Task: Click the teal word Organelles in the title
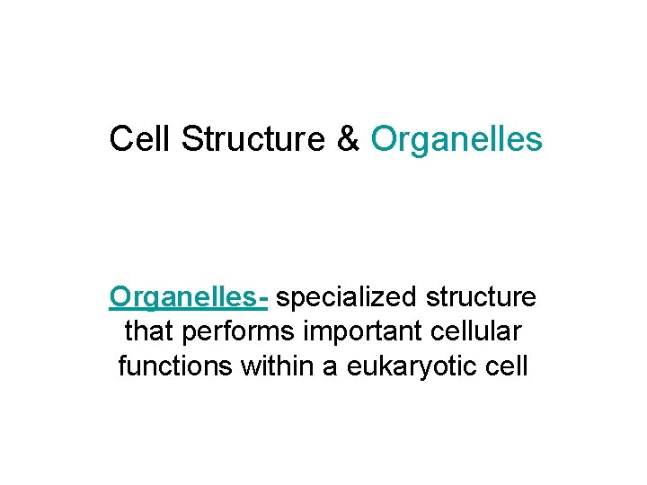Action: (x=456, y=139)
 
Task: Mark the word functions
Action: (x=173, y=366)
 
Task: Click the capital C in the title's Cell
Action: (x=121, y=139)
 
